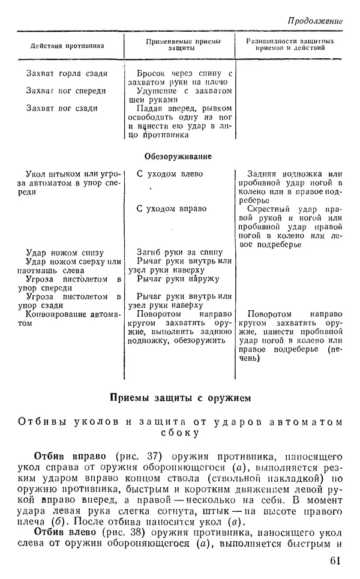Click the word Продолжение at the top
[314, 20]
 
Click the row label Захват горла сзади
[67, 74]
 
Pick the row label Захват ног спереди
[66, 91]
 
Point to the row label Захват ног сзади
[62, 108]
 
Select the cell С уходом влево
[170, 174]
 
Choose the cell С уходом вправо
[172, 209]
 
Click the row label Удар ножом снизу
[66, 253]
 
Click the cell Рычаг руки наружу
[170, 279]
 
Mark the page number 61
[336, 560]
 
